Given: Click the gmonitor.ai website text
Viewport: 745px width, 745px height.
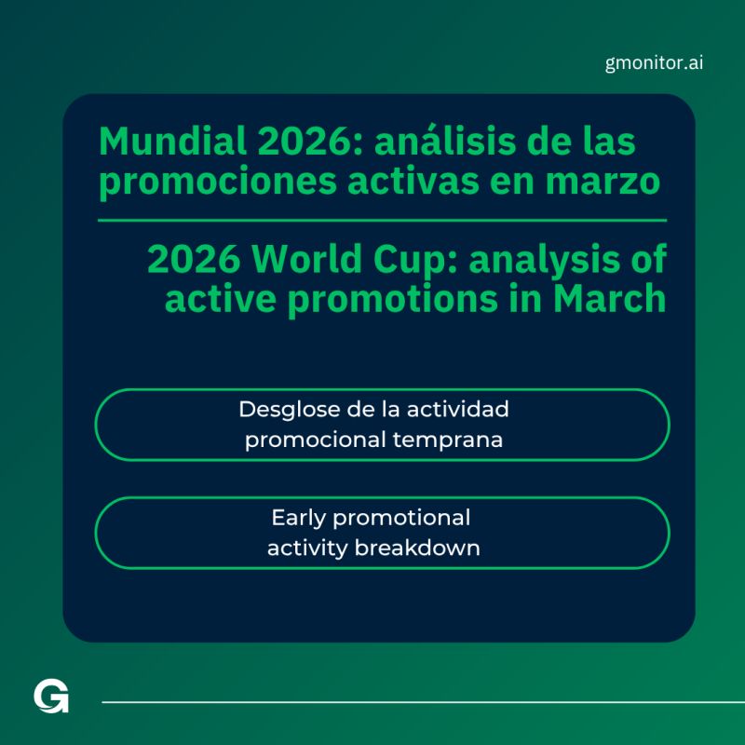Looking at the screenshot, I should [654, 63].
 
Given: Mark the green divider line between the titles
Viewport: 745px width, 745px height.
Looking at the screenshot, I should [382, 221].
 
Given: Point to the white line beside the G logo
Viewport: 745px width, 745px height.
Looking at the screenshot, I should [419, 701].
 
